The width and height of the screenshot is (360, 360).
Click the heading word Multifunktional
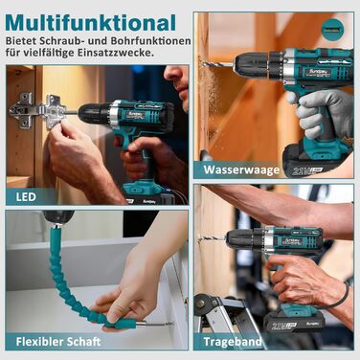coord(90,22)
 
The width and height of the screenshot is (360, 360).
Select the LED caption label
coord(26,196)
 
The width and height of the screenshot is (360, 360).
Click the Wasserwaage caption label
coord(241,169)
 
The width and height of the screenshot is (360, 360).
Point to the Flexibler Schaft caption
coord(58,342)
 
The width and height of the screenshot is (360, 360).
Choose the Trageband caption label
coord(233,342)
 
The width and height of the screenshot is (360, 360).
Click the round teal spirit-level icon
coord(332,30)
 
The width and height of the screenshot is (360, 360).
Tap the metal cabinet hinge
coord(39,110)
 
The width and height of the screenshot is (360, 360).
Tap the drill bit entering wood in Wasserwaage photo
coord(217,65)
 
